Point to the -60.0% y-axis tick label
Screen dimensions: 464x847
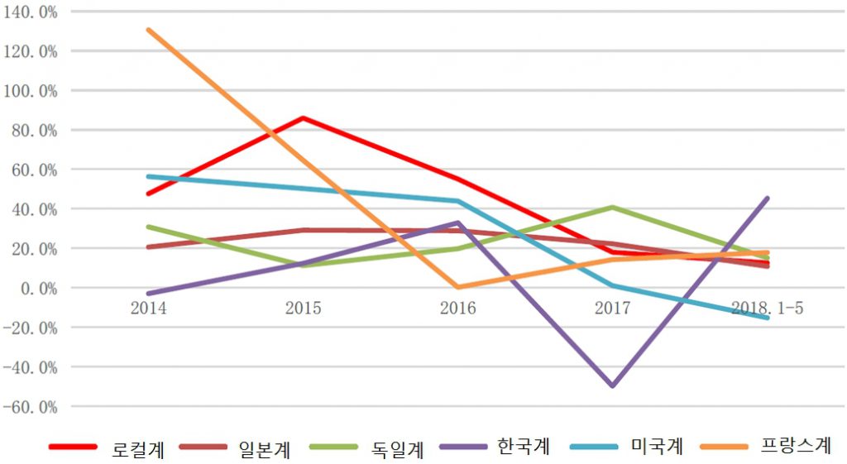(31, 407)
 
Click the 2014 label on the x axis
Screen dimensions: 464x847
(149, 308)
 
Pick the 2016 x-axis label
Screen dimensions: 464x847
(457, 308)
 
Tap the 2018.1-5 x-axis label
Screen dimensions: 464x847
(767, 308)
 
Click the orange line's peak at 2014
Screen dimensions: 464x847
(149, 30)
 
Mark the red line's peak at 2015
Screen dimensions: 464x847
(303, 117)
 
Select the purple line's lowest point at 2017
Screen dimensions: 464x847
(612, 386)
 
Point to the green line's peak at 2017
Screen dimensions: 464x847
(612, 207)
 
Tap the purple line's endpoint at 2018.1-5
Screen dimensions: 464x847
(768, 198)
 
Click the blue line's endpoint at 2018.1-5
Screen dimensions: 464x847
(768, 318)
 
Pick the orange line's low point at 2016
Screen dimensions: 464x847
(457, 287)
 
